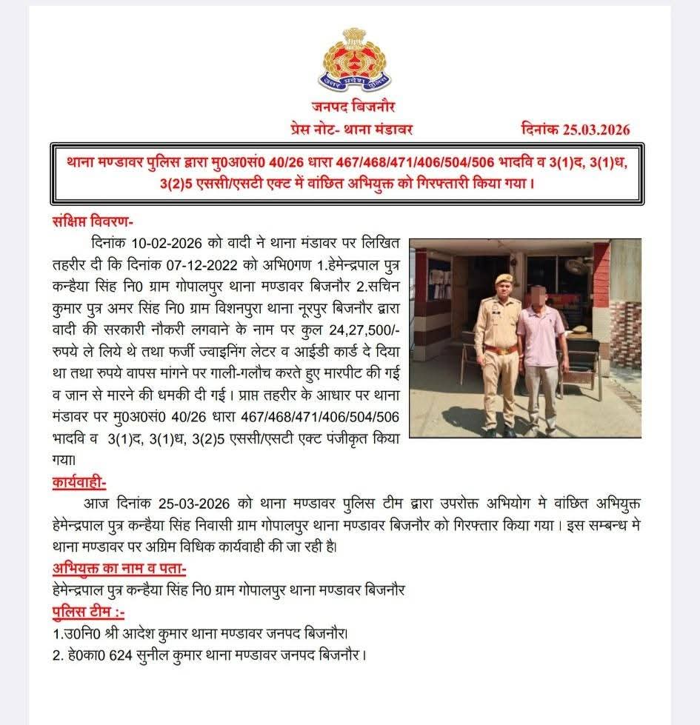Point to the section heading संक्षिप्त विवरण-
point(93,221)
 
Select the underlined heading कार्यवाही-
point(79,483)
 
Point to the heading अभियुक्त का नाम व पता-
point(119,569)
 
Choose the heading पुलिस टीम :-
point(88,612)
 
